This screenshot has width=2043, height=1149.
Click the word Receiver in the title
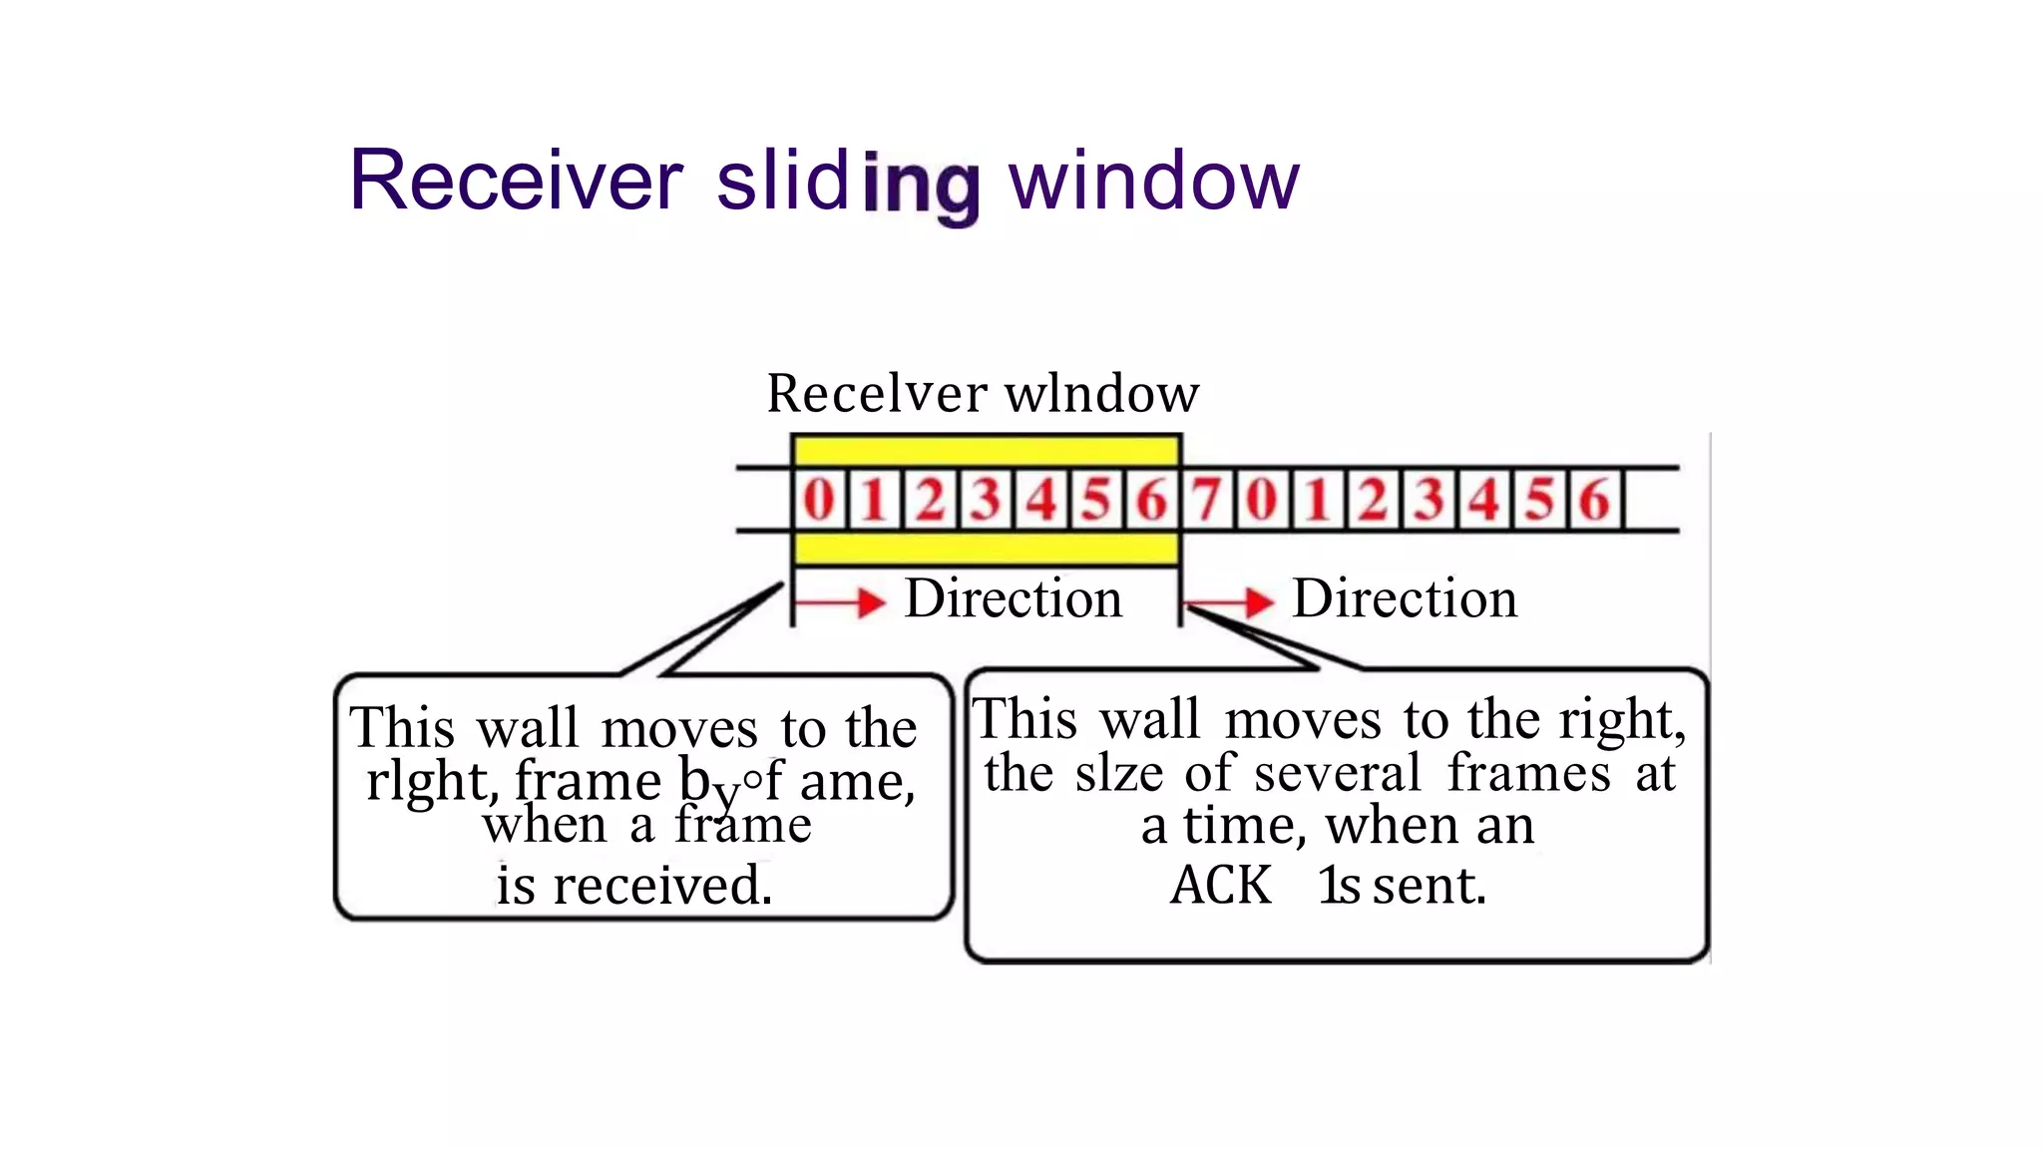click(x=516, y=181)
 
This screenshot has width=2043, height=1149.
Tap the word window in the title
click(x=1154, y=181)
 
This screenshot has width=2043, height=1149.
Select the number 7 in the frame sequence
click(x=1206, y=499)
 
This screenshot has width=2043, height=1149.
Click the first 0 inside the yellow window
click(x=819, y=499)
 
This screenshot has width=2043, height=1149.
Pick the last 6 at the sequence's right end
click(x=1593, y=499)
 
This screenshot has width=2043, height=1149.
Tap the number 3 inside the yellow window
click(x=986, y=499)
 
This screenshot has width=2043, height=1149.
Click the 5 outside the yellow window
click(x=1539, y=499)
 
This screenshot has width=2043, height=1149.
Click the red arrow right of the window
click(x=1229, y=602)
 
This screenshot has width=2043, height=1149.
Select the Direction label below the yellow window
click(x=1013, y=599)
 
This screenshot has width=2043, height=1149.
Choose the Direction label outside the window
click(x=1404, y=599)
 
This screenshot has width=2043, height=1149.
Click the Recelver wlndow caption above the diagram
click(x=983, y=393)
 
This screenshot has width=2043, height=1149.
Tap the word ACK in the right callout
click(x=1220, y=885)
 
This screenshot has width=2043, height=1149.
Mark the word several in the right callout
click(x=1337, y=773)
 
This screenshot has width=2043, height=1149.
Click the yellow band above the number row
click(x=986, y=451)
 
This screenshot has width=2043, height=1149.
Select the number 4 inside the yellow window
click(x=1041, y=499)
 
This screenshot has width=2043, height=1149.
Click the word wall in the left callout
click(x=528, y=728)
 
